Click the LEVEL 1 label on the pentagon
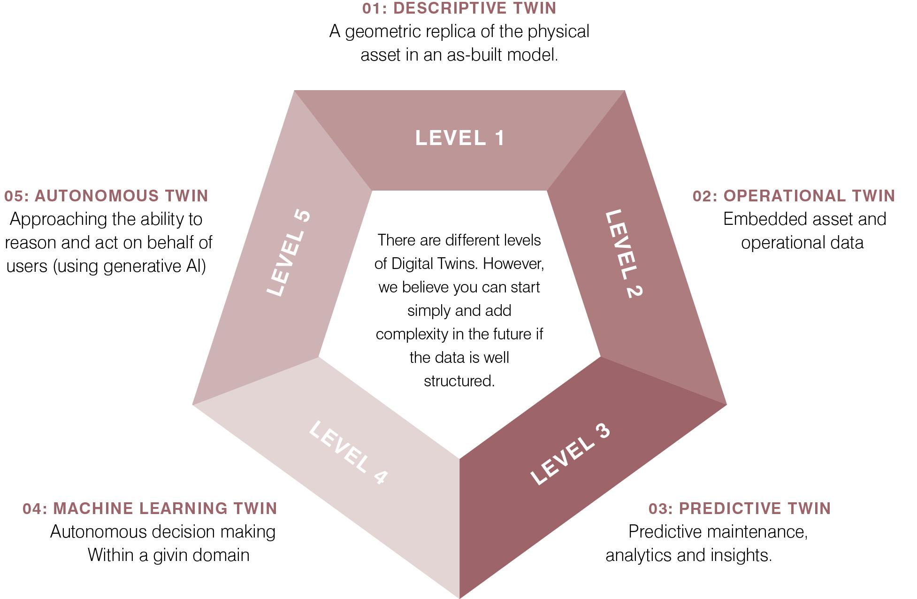459,138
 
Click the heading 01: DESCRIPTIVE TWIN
459,8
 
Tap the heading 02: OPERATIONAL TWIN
794,196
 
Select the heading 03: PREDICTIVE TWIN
740,508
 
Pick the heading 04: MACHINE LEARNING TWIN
150,508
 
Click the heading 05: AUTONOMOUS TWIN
106,196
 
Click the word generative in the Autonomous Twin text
136,266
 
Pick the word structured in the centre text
459,381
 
